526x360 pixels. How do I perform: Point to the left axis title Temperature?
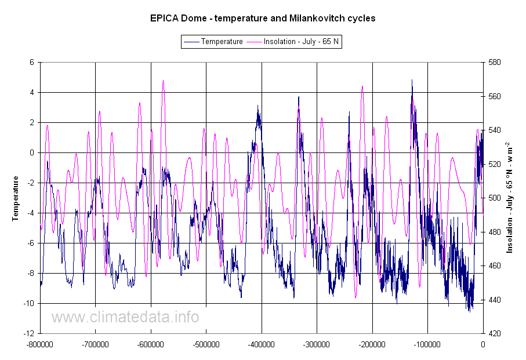pyautogui.click(x=16, y=198)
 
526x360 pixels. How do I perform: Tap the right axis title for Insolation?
pyautogui.click(x=510, y=198)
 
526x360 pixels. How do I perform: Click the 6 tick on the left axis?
pyautogui.click(x=32, y=62)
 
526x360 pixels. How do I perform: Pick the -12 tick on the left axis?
pyautogui.click(x=30, y=333)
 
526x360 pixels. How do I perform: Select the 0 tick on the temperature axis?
pyautogui.click(x=32, y=152)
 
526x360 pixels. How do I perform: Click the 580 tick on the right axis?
pyautogui.click(x=495, y=62)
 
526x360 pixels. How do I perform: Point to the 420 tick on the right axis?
pyautogui.click(x=495, y=333)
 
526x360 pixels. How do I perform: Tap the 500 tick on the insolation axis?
pyautogui.click(x=495, y=198)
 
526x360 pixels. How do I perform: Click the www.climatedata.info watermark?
pyautogui.click(x=125, y=317)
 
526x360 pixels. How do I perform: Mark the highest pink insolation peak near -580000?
pyautogui.click(x=164, y=81)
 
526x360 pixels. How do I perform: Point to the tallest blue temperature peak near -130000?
pyautogui.click(x=412, y=81)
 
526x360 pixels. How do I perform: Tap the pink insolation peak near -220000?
pyautogui.click(x=362, y=86)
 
